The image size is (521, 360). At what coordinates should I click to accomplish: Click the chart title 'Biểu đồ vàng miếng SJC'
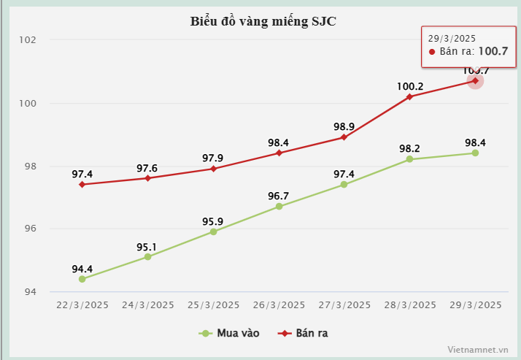pyautogui.click(x=263, y=20)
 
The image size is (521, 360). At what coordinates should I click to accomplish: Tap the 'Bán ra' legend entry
pyautogui.click(x=304, y=334)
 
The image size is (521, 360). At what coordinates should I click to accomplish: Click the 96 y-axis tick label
pyautogui.click(x=30, y=229)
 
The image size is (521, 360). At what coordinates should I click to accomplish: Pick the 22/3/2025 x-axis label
pyautogui.click(x=82, y=305)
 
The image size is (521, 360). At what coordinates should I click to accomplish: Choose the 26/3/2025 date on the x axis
pyautogui.click(x=279, y=305)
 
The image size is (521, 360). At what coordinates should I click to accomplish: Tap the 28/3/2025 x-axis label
pyautogui.click(x=409, y=305)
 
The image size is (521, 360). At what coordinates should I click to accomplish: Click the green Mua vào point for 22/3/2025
pyautogui.click(x=82, y=279)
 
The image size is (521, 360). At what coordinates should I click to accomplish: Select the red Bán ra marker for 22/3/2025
pyautogui.click(x=82, y=185)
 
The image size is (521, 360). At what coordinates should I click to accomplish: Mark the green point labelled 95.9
pyautogui.click(x=213, y=231)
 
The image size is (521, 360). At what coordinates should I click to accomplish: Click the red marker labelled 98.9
pyautogui.click(x=344, y=137)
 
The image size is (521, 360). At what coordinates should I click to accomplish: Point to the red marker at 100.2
pyautogui.click(x=409, y=96)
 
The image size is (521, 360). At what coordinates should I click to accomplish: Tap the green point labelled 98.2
pyautogui.click(x=409, y=159)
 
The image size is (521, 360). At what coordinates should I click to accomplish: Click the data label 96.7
pyautogui.click(x=279, y=196)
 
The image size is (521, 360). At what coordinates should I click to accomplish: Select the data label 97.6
pyautogui.click(x=147, y=169)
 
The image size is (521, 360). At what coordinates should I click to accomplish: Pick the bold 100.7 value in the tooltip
pyautogui.click(x=493, y=51)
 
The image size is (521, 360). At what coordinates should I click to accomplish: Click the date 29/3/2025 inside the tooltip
pyautogui.click(x=452, y=38)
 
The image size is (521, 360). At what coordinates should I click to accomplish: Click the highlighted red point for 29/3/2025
pyautogui.click(x=475, y=80)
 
